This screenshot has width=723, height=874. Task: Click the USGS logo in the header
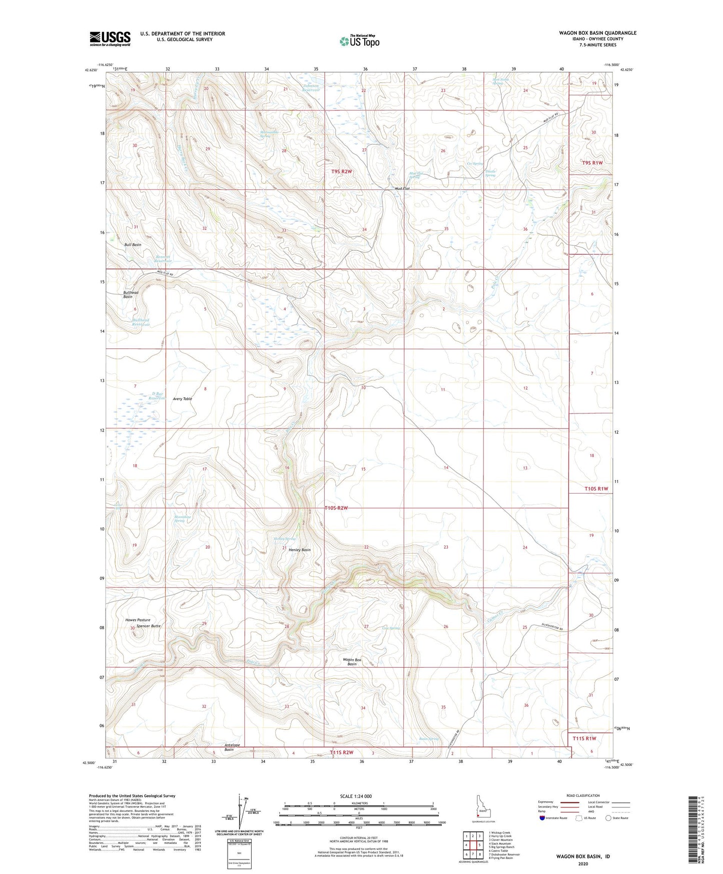tap(110, 39)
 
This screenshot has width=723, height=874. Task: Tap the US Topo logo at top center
tap(359, 41)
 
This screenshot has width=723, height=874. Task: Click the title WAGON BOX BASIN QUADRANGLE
tap(598, 33)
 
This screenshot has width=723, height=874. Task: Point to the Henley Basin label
tap(300, 550)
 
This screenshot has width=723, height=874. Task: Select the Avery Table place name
tap(182, 399)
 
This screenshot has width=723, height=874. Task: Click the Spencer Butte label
tap(149, 626)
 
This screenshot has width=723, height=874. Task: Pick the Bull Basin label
tap(133, 245)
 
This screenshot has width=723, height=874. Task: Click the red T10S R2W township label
tap(336, 508)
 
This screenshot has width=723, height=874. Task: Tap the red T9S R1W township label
tap(592, 163)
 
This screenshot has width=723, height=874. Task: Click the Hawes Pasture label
tap(138, 620)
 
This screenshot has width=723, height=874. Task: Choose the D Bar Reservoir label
tap(158, 396)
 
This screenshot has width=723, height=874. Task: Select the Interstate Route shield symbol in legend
tap(543, 818)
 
